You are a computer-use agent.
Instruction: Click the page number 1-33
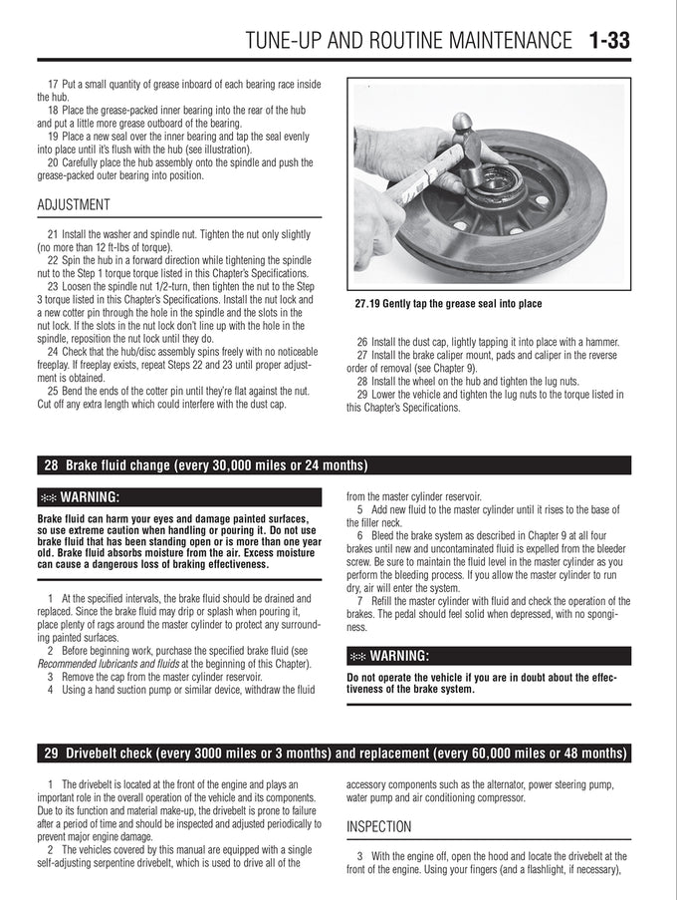pyautogui.click(x=608, y=40)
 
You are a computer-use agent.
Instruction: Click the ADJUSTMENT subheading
pyautogui.click(x=74, y=205)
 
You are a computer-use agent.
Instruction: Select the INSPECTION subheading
pyautogui.click(x=379, y=826)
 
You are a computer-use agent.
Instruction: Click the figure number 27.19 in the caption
pyautogui.click(x=367, y=304)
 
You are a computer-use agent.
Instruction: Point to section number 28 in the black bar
pyautogui.click(x=51, y=464)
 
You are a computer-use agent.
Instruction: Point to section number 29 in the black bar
pyautogui.click(x=51, y=753)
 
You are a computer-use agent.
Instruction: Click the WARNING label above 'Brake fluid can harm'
pyautogui.click(x=90, y=497)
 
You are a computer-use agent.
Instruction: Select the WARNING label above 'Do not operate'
pyautogui.click(x=399, y=656)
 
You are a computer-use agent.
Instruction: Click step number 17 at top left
pyautogui.click(x=53, y=85)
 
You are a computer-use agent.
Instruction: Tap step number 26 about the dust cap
pyautogui.click(x=361, y=342)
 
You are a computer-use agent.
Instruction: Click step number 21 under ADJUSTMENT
pyautogui.click(x=53, y=234)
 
